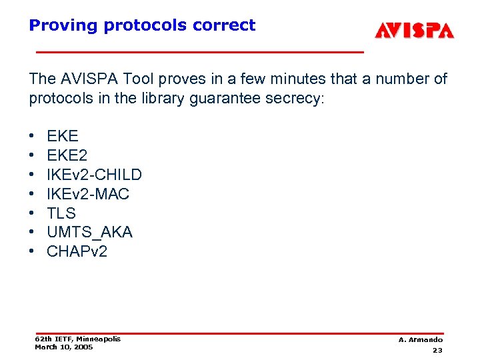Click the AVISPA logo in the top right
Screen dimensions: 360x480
tap(414, 31)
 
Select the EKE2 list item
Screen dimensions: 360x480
tap(67, 155)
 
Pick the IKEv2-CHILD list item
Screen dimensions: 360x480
tap(94, 175)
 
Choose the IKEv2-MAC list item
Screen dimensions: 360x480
tap(88, 194)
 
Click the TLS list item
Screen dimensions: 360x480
tap(61, 213)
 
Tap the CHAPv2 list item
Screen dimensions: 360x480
tap(77, 251)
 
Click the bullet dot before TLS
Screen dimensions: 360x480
tap(33, 213)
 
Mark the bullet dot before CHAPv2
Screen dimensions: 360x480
tap(33, 251)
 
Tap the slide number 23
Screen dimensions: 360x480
tap(437, 350)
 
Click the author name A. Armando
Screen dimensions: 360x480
tap(420, 340)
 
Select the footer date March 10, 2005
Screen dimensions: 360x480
tap(64, 347)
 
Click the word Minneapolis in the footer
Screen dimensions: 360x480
tap(99, 339)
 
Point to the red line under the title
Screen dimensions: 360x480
tap(200, 51)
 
